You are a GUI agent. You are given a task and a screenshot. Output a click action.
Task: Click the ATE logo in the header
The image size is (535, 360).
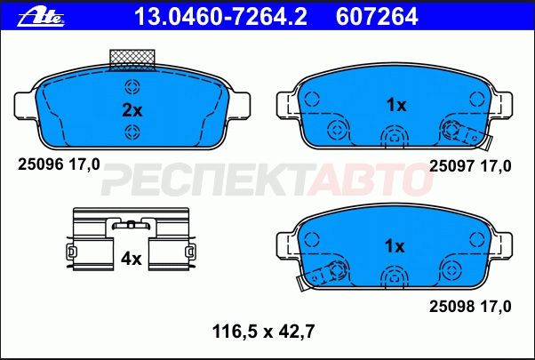coord(41,18)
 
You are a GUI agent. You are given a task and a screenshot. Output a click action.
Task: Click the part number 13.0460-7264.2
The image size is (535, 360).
coord(220,17)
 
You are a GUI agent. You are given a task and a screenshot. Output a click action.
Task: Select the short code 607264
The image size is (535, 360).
coord(377,17)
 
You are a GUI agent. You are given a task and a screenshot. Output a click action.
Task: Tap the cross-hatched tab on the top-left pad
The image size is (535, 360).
coord(132,60)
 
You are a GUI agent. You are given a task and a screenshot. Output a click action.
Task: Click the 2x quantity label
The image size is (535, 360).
coord(132,110)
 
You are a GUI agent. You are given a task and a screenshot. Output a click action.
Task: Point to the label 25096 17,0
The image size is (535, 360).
coord(59,164)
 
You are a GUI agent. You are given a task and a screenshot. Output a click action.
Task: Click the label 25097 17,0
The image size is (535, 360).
coord(470,166)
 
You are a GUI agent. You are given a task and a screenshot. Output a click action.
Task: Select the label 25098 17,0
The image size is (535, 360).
coord(470,307)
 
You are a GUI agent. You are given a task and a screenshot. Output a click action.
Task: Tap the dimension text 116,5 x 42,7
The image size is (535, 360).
coord(263,332)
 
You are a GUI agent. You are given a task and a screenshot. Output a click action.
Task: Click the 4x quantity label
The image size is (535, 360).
coord(132,259)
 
